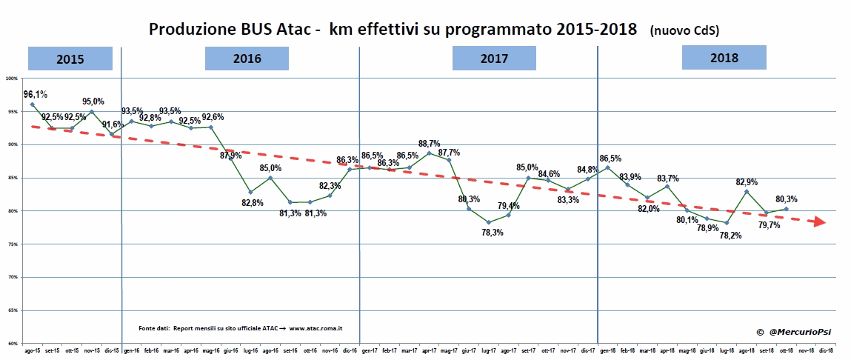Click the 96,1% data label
click(x=36, y=94)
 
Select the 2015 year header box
click(x=70, y=58)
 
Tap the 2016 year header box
click(x=247, y=58)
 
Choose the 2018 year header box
click(x=724, y=57)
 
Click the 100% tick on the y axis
click(x=12, y=78)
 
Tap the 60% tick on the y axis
click(x=12, y=344)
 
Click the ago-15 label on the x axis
click(x=33, y=351)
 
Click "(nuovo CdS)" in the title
click(x=684, y=30)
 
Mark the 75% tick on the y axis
click(x=12, y=244)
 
